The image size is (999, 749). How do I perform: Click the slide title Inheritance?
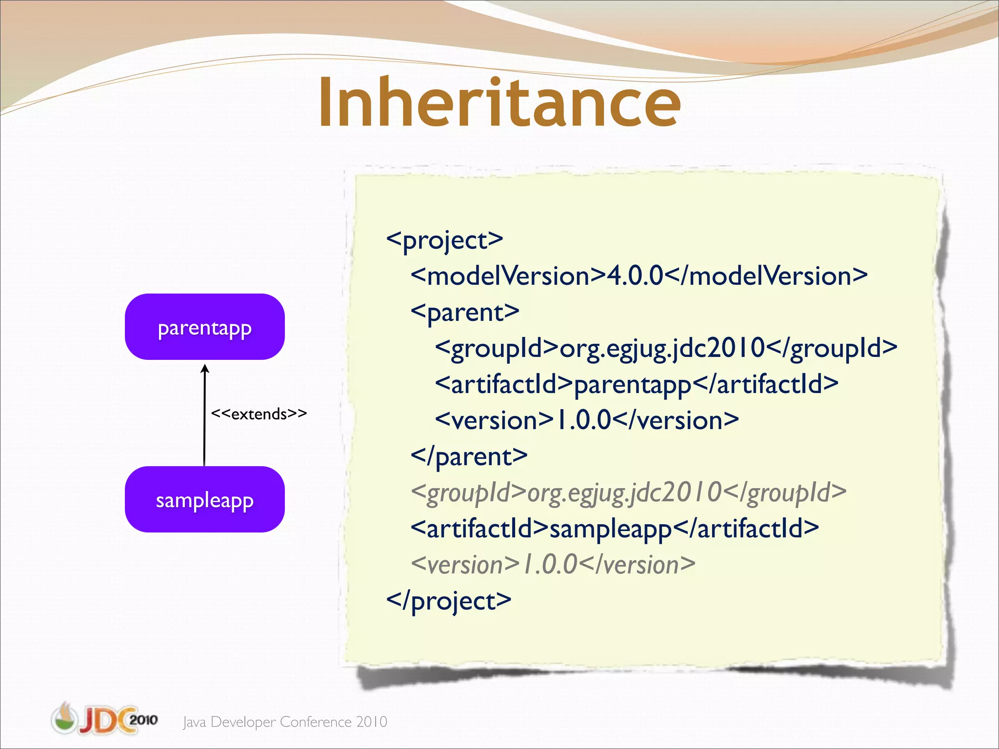point(499,103)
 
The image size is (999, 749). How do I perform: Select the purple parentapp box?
point(204,327)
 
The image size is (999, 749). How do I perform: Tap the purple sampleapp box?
point(204,499)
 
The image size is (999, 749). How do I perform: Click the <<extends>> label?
point(259,414)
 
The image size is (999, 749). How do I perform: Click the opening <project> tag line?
point(444,240)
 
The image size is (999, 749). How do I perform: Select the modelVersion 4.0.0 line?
point(639,276)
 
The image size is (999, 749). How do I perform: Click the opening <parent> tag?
point(464,312)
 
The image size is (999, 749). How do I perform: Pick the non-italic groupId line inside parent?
point(666,348)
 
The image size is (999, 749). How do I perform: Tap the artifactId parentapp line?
point(637,384)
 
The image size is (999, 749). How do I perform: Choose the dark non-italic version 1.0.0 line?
point(587,420)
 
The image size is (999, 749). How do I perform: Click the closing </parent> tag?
point(469,456)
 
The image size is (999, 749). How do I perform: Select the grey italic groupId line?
point(628,493)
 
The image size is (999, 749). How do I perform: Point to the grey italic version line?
point(553,565)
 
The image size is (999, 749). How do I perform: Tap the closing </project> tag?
point(448,601)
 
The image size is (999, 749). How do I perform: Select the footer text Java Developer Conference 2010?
point(285,722)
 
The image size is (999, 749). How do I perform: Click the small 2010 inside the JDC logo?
point(143,720)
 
